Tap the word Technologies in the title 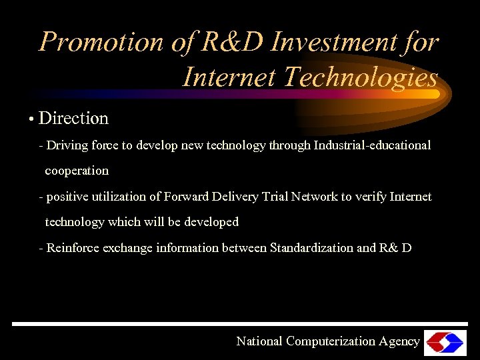(x=360, y=77)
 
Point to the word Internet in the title (x=229, y=77)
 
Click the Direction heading (x=73, y=119)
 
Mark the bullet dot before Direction (x=31, y=120)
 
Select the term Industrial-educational (x=371, y=145)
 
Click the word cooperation (x=77, y=171)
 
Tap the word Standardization (x=311, y=248)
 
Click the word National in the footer (x=259, y=341)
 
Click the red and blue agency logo (x=445, y=342)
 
